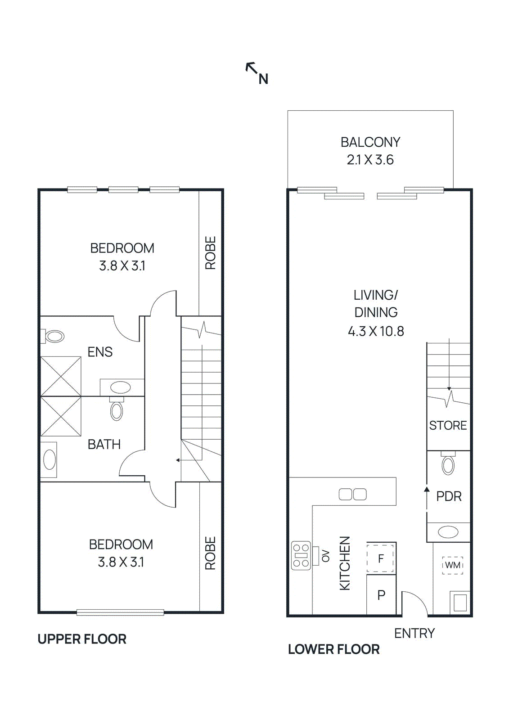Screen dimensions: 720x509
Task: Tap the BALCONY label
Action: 370,142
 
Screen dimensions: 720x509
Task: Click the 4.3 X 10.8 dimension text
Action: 376,332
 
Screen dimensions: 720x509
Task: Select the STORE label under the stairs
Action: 448,425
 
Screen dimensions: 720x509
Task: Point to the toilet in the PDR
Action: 448,464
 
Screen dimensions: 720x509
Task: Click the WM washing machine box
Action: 453,565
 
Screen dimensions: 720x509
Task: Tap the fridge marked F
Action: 381,558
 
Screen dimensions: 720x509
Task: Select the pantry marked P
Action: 381,595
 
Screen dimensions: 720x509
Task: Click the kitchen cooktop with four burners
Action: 301,555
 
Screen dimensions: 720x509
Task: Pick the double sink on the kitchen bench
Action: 352,495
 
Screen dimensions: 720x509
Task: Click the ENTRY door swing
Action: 414,603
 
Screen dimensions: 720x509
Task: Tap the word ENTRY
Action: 414,633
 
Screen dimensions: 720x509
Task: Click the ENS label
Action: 100,352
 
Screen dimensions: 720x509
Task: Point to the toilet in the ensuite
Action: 54,336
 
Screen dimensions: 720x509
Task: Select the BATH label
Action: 104,445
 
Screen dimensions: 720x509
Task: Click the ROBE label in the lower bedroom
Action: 210,553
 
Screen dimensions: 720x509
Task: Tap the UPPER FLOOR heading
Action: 82,639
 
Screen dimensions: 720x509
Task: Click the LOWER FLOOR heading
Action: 333,649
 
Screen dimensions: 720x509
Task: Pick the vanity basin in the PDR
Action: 448,532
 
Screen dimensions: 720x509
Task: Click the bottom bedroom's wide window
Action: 120,612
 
